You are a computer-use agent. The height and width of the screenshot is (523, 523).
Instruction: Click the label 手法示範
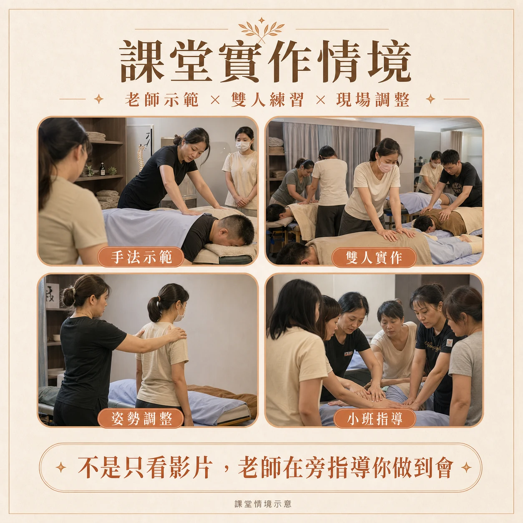pos(141,257)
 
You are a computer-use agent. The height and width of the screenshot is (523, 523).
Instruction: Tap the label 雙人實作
pos(374,257)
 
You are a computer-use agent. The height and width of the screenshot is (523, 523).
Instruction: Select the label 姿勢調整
pos(141,418)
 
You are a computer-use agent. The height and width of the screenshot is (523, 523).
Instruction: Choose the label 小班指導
pos(375,418)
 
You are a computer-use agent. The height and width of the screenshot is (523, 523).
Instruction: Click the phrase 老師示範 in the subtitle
pos(162,100)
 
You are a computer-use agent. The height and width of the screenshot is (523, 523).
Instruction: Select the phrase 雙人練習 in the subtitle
pos(267,100)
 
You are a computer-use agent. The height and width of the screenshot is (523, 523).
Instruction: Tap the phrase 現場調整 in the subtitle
pos(372,100)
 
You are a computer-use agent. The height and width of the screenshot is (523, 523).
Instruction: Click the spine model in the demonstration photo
pos(141,157)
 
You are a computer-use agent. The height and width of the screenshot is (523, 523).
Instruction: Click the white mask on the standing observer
pos(243,146)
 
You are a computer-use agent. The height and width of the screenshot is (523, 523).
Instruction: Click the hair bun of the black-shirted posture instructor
pos(68,297)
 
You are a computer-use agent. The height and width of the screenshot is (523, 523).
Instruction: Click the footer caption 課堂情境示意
pos(263,504)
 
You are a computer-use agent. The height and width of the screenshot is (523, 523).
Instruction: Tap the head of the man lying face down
pos(236,229)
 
